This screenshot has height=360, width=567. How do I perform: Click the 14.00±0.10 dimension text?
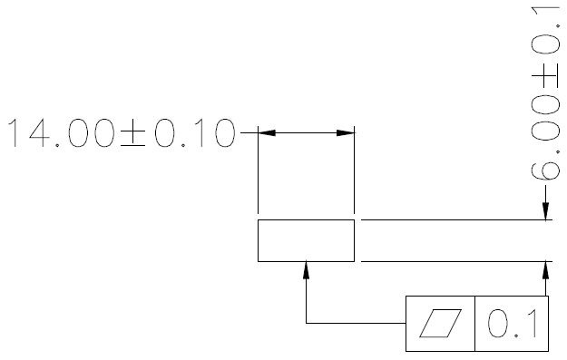(x=122, y=133)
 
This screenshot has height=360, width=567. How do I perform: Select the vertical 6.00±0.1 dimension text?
(x=545, y=93)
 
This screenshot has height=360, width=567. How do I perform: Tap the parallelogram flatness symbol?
(x=440, y=323)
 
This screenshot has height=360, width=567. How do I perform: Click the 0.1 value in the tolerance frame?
(x=513, y=324)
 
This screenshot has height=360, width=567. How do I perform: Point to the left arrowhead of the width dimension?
(x=267, y=133)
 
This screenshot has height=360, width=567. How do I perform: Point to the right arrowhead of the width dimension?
(x=346, y=133)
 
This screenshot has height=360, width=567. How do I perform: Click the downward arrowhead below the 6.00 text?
(x=545, y=211)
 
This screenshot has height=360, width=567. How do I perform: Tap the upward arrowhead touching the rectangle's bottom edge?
(x=307, y=270)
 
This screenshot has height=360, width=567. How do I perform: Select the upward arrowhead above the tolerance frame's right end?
(x=545, y=270)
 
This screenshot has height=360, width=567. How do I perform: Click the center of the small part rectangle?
(x=306, y=240)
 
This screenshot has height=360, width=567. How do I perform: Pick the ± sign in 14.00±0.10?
(x=133, y=133)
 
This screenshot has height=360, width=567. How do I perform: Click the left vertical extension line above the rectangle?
(x=258, y=170)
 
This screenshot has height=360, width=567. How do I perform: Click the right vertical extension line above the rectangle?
(x=355, y=170)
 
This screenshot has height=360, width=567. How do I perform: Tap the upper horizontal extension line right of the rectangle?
(x=456, y=219)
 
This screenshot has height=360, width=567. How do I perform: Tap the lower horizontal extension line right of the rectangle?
(x=456, y=261)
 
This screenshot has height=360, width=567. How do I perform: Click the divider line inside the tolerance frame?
(x=474, y=324)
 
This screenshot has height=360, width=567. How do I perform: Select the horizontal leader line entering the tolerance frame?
(x=356, y=323)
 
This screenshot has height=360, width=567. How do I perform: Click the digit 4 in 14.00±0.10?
(x=40, y=133)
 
